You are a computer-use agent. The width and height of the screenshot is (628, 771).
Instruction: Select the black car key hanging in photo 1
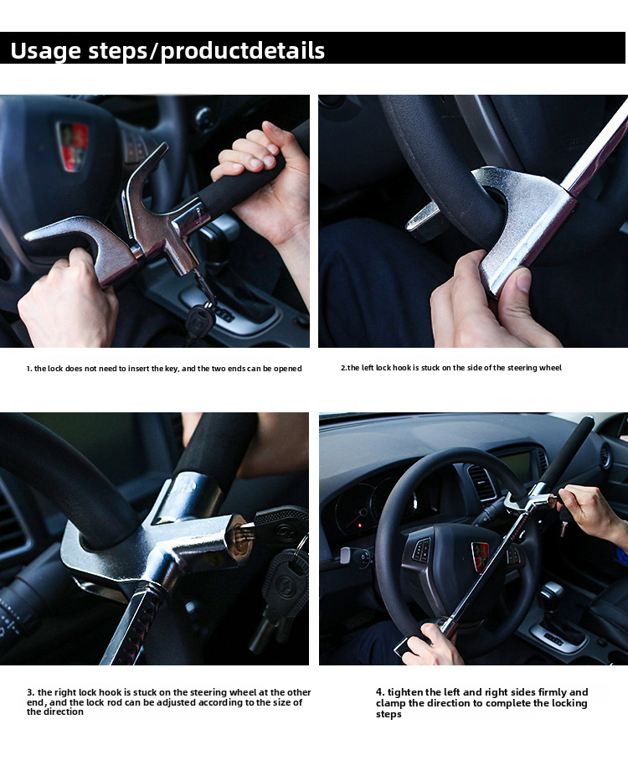(x=199, y=320)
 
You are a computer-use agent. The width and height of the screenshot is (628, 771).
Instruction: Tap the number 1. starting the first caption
(x=28, y=369)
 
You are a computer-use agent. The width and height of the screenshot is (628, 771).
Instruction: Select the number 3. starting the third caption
(x=31, y=692)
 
